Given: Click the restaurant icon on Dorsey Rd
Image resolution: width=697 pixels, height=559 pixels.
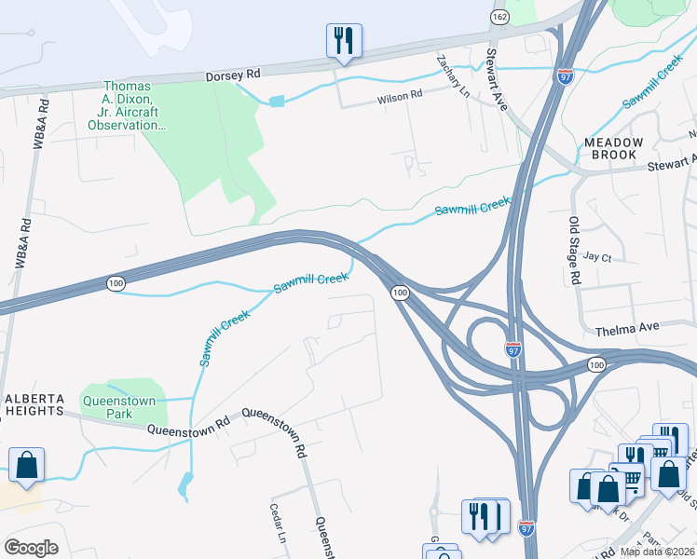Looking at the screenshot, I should [344, 40].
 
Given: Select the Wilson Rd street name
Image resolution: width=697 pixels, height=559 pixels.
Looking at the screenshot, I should [400, 94].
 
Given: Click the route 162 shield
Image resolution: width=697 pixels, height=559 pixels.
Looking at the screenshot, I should [500, 17].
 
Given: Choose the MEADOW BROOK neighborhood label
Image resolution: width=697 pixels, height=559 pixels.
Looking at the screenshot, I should [613, 148].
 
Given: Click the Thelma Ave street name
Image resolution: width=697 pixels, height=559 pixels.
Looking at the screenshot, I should [622, 330].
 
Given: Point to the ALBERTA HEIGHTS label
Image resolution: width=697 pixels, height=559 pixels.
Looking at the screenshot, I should [34, 403].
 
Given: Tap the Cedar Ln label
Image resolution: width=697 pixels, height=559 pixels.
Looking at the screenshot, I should [276, 524].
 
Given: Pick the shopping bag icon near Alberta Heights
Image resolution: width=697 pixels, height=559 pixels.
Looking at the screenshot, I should [27, 465].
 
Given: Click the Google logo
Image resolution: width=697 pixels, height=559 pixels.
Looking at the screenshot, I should [32, 547].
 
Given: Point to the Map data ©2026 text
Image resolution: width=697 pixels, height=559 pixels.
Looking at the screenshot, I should [656, 552].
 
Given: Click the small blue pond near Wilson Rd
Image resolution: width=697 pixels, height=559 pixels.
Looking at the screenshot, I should [276, 101].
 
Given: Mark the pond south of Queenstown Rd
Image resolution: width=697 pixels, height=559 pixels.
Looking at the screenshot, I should [185, 484].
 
